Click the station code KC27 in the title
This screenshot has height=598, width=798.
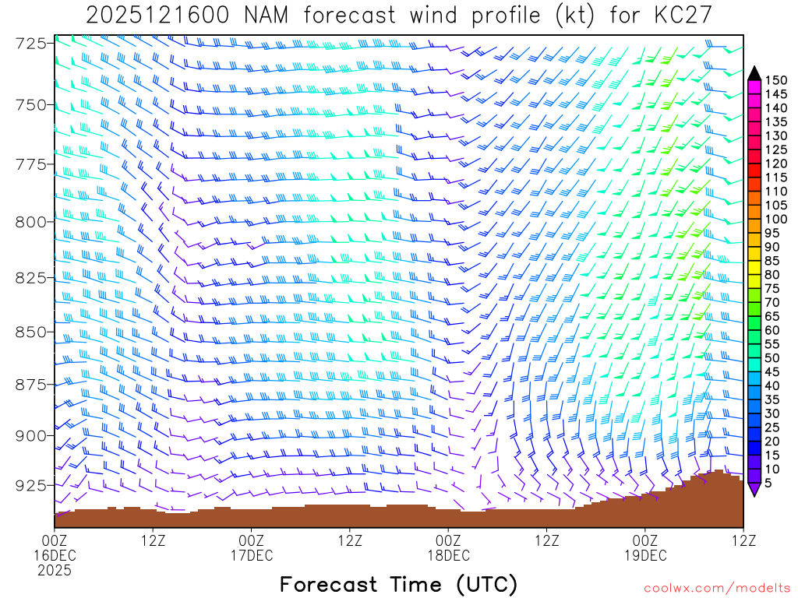pos(676,16)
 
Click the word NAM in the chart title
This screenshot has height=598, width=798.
pos(260,16)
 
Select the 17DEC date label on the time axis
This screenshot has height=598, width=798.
pos(252,555)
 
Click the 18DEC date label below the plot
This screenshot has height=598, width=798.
pos(449,555)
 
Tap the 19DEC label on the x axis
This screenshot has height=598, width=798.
pos(645,555)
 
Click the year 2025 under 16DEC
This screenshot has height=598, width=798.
pos(55,571)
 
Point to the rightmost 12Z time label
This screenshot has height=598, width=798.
pos(743,540)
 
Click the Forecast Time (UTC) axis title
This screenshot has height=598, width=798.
pos(398,584)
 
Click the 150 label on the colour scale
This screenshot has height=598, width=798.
pos(776,79)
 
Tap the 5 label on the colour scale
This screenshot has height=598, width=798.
pos(770,483)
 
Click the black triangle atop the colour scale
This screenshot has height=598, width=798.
pos(754,73)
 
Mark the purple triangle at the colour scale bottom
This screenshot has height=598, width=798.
pos(754,489)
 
